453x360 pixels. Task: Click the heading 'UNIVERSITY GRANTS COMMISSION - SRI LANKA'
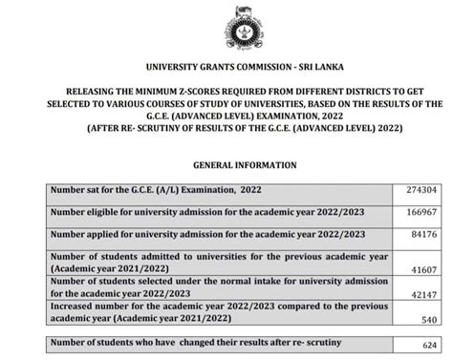coord(226,68)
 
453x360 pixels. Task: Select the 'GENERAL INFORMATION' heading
coord(226,164)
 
